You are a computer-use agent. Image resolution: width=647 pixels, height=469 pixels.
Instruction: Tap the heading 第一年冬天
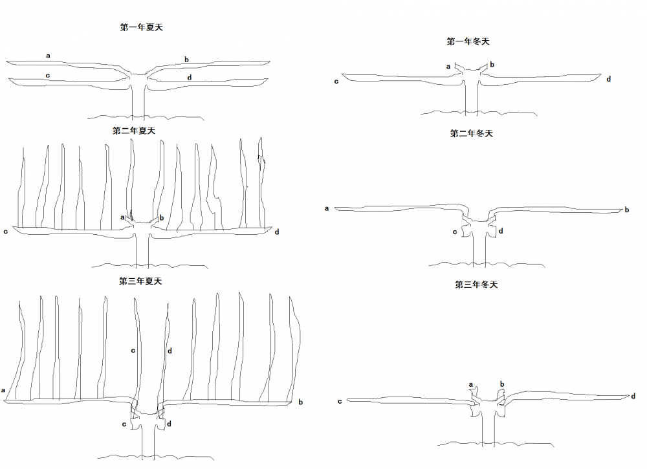click(468, 41)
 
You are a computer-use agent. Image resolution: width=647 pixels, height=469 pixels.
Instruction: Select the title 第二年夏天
click(134, 130)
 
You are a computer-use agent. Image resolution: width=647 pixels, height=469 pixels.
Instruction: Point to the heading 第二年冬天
click(472, 133)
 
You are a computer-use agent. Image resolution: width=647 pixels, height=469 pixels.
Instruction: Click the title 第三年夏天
click(140, 281)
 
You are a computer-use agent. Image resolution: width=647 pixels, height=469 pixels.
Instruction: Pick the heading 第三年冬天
click(476, 284)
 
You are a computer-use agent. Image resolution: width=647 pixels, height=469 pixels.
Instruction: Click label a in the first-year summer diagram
click(48, 56)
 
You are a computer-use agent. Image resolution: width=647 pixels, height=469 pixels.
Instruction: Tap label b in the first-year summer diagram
click(186, 60)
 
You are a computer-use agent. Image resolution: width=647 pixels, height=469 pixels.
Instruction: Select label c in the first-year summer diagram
click(48, 76)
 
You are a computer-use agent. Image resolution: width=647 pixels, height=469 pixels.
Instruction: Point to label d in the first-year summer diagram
click(189, 78)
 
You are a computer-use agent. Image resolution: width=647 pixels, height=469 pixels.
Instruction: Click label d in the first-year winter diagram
click(609, 79)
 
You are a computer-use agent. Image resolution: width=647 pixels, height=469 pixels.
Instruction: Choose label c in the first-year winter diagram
click(336, 82)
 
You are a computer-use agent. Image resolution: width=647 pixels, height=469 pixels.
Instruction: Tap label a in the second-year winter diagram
click(327, 208)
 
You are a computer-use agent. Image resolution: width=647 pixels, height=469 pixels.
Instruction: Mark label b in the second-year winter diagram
click(626, 210)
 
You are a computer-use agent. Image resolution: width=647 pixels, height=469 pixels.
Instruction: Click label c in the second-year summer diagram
click(6, 231)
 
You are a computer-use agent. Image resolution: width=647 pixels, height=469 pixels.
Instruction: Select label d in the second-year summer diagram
click(277, 231)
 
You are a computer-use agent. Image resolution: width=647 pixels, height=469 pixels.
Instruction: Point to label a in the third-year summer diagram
click(4, 390)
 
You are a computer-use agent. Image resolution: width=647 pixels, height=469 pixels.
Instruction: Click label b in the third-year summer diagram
click(300, 402)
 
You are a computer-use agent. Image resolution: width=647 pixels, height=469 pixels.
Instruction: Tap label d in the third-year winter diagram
click(633, 395)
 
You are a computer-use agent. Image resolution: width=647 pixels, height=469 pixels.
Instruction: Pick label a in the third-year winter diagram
click(470, 384)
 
